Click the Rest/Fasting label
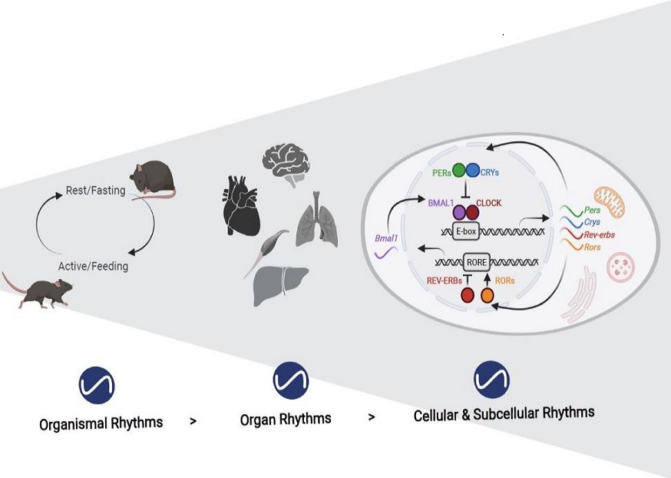coord(95,191)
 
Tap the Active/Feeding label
coord(93,267)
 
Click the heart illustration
coord(244,203)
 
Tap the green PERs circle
coord(460,170)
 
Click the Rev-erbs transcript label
coord(599,234)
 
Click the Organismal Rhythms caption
coord(101,422)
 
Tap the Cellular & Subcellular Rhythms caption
coord(504,413)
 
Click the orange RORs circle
coord(486,294)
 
